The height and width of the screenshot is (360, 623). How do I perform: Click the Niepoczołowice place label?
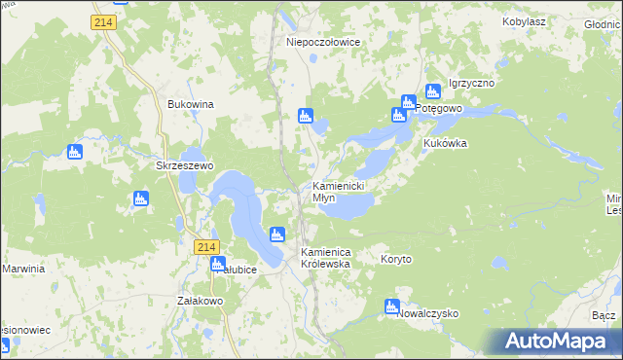[x=324, y=42]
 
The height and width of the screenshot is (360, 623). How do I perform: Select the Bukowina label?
[x=191, y=103]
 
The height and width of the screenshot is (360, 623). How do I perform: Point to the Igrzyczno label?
[x=471, y=84]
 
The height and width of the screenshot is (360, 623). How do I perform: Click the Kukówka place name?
[x=446, y=143]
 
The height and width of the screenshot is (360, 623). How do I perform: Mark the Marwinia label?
[x=24, y=269]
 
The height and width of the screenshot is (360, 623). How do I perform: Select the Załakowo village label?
[x=201, y=302]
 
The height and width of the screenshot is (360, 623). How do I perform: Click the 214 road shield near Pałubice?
[x=203, y=248]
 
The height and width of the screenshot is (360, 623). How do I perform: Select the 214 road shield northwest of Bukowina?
[x=104, y=20]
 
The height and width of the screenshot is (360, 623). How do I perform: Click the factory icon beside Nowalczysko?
[x=392, y=307]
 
